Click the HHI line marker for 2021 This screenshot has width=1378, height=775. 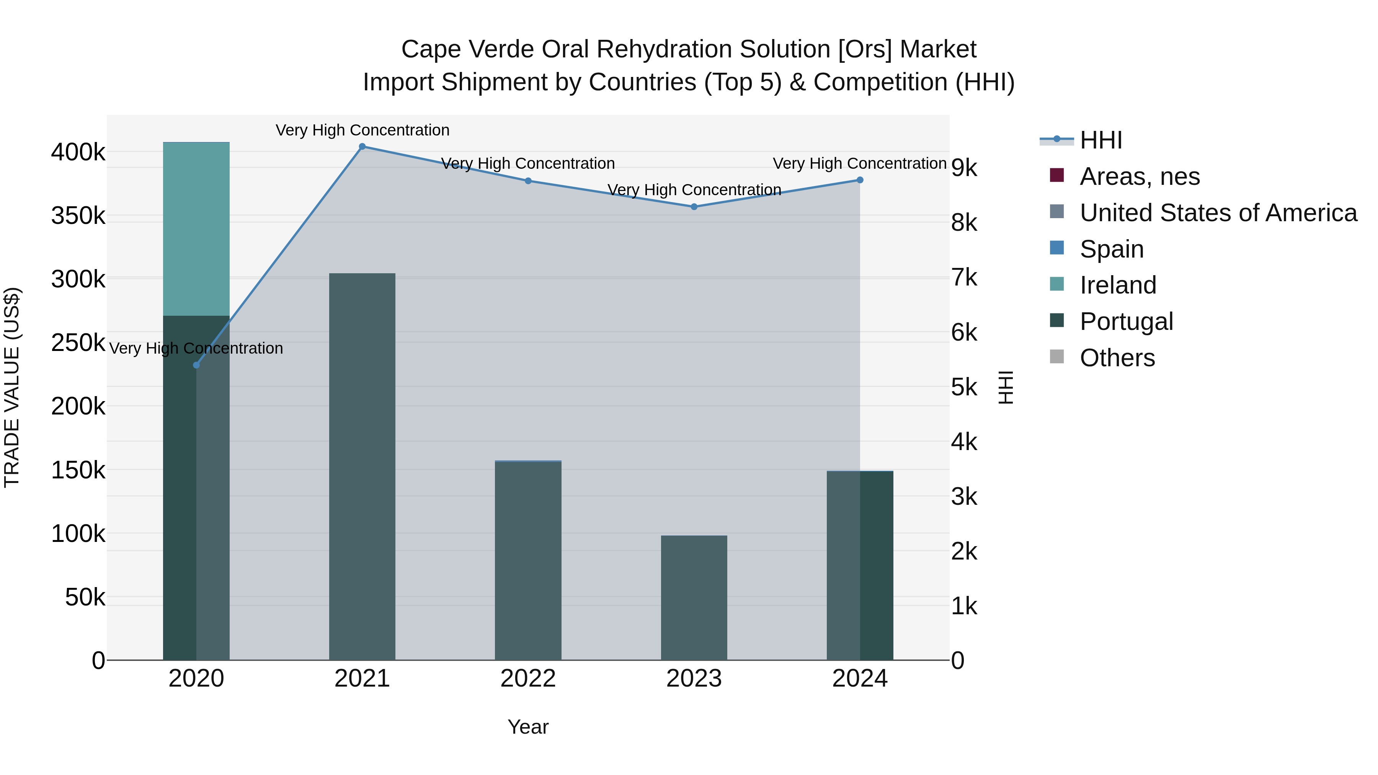coord(362,147)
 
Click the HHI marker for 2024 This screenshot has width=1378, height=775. coord(860,180)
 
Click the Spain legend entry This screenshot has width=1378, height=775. coord(1111,249)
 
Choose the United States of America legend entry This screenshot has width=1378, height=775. coord(1218,213)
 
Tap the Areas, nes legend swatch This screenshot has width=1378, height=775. coord(1056,175)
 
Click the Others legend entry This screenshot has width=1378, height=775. coord(1117,358)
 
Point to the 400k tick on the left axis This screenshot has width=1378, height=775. coord(78,152)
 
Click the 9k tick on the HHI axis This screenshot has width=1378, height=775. coord(964,168)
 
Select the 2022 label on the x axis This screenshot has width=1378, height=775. coord(528,679)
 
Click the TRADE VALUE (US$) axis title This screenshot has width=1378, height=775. coord(12,387)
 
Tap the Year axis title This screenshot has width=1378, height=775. coord(528,727)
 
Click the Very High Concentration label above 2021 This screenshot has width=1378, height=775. coord(362,131)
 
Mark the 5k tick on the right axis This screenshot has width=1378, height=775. coord(964,387)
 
